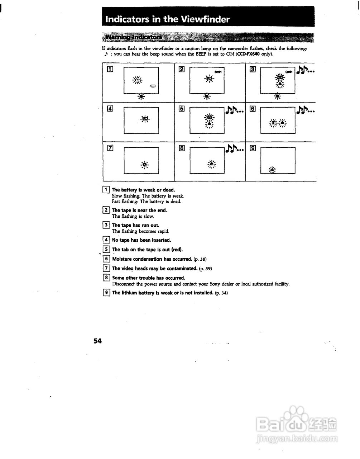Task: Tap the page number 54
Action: [x=97, y=341]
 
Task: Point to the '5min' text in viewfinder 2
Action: [x=218, y=72]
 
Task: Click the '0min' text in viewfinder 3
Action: [x=289, y=72]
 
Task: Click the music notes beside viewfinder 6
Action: [x=306, y=109]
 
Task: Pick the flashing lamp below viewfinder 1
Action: [x=141, y=96]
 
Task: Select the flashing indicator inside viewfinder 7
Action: [x=144, y=164]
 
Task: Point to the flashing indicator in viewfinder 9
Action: [x=272, y=170]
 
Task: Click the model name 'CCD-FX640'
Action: [x=248, y=54]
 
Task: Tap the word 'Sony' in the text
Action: [x=215, y=284]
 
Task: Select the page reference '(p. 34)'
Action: [x=221, y=293]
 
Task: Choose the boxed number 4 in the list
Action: [x=106, y=240]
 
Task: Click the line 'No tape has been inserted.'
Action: [x=141, y=240]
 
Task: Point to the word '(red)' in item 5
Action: [x=177, y=250]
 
